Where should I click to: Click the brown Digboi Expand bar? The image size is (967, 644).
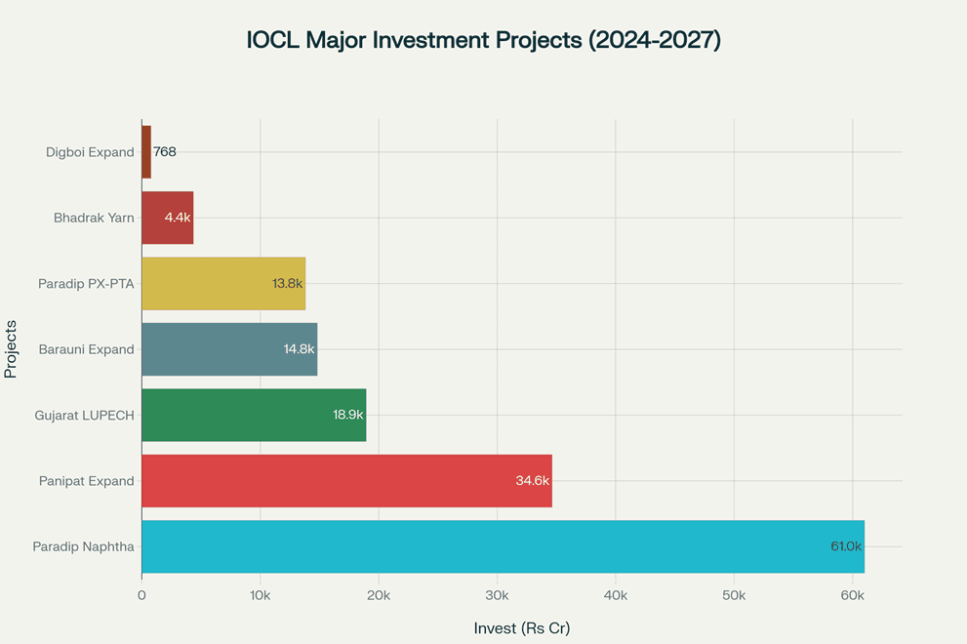pos(146,152)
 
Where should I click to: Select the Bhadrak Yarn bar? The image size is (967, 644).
pos(167,218)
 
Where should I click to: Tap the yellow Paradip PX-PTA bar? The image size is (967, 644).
pos(223,284)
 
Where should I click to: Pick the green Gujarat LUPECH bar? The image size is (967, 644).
pos(254,415)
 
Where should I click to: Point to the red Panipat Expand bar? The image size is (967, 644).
pos(346,481)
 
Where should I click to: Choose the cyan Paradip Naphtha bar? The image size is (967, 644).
pos(503,546)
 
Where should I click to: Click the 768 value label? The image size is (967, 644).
pos(165,152)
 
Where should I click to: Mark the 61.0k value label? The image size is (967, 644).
pos(846,546)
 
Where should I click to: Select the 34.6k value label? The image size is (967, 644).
pos(533,481)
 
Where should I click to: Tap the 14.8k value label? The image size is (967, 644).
pos(300,349)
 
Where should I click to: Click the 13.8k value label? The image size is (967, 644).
pos(288,284)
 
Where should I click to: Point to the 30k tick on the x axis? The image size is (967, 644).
pos(497,595)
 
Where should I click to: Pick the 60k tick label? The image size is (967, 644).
pos(852,595)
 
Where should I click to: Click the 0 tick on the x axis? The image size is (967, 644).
pos(141,595)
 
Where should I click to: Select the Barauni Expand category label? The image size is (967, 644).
pos(86,349)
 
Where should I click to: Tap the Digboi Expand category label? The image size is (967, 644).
pos(90,152)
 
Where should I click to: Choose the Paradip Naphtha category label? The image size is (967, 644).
pos(83,546)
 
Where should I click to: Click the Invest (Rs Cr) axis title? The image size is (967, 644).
pos(522,628)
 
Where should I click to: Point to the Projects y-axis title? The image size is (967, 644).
pos(12,349)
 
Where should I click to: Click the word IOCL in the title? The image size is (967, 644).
pos(275,41)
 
